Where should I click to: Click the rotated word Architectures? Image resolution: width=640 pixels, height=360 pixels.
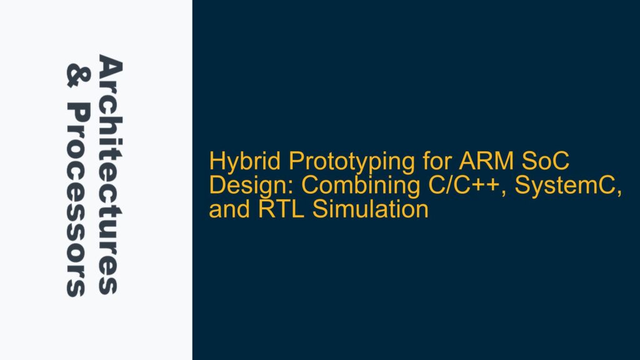[107, 176]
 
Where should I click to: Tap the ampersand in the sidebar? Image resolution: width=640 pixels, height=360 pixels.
[75, 77]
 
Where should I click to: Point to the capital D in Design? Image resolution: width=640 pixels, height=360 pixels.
[217, 186]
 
